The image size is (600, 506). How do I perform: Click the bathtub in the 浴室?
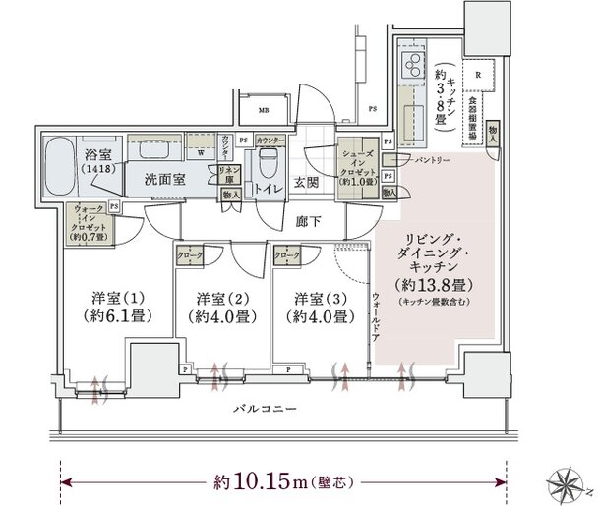61,161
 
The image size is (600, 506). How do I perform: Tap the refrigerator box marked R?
477,75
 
